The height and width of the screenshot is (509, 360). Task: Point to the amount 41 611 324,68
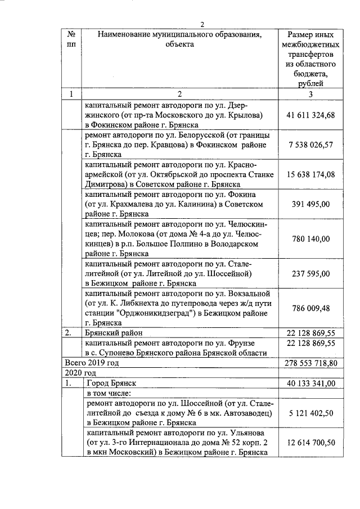point(310,115)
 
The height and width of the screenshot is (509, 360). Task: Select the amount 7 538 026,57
point(310,145)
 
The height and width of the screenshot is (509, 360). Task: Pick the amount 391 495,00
point(310,205)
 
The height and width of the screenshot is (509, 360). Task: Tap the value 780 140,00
point(310,239)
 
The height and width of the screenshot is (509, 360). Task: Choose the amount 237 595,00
point(310,273)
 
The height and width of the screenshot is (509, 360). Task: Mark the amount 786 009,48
point(310,308)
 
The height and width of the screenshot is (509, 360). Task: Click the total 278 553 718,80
point(310,363)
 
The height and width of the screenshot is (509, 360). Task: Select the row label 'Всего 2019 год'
point(92,363)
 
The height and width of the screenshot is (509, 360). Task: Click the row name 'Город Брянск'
point(110,383)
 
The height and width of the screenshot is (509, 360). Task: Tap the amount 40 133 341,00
point(310,383)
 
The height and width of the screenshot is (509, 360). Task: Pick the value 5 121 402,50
point(310,412)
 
